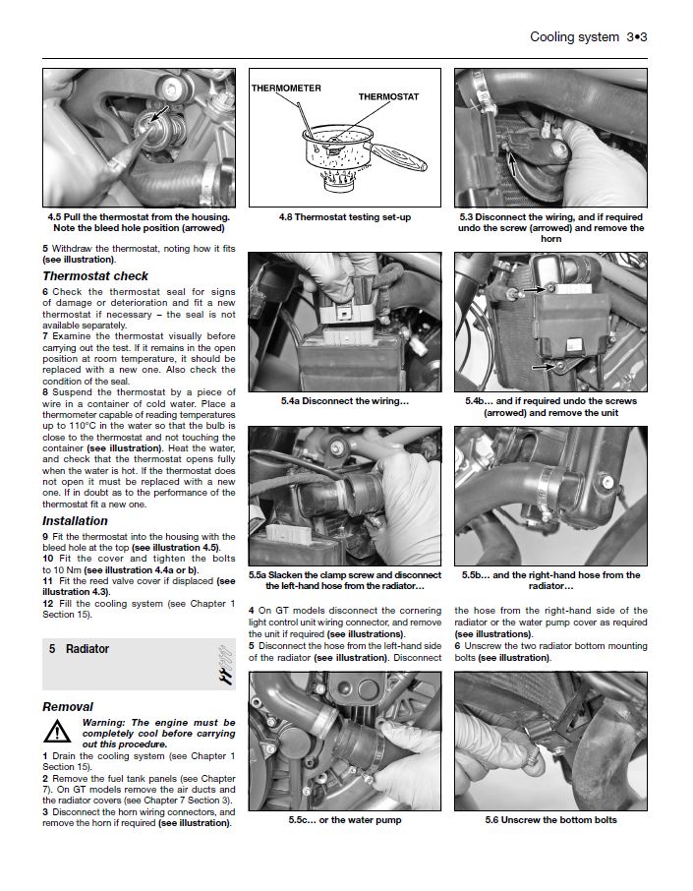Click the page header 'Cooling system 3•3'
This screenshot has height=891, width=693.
pos(588,37)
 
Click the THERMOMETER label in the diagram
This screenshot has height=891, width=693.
pos(286,89)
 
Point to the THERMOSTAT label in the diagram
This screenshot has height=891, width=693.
pos(388,97)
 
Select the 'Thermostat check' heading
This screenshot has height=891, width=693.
pos(95,276)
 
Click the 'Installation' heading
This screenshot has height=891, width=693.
pos(75,521)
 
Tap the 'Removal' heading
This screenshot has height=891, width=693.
pos(68,707)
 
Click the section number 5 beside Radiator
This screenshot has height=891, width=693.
pos(52,649)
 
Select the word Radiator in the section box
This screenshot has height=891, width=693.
pos(87,649)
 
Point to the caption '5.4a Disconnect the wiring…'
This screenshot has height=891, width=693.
pos(343,401)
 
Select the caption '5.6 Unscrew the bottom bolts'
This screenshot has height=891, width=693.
pos(550,820)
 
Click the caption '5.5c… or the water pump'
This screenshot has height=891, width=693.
pos(343,820)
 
